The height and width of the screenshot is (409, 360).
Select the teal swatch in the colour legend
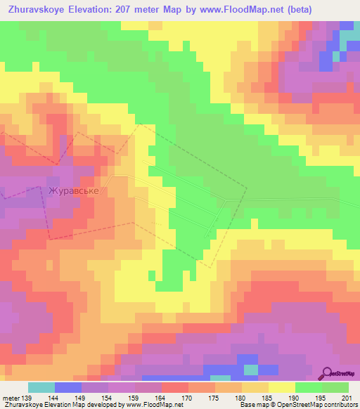(x=41, y=387)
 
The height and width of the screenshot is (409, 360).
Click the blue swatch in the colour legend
(x=68, y=387)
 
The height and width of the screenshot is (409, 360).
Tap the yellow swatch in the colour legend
(x=282, y=387)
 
